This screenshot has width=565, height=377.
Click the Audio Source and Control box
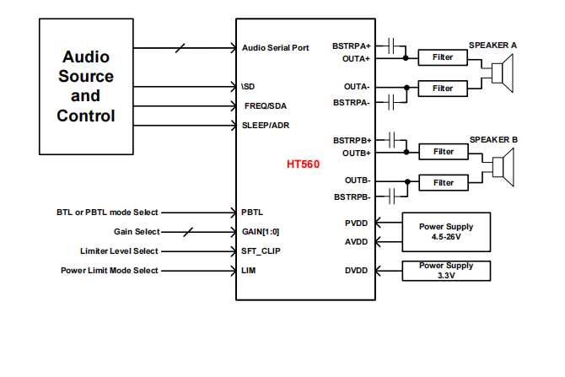(86, 86)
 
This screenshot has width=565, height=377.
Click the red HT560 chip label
(304, 164)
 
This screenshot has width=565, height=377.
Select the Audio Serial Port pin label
(275, 48)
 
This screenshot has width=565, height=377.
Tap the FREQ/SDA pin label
(266, 106)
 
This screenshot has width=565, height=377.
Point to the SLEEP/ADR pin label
(266, 126)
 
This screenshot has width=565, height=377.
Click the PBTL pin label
(252, 213)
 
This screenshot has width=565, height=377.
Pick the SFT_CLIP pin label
(260, 250)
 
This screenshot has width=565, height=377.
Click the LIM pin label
(249, 270)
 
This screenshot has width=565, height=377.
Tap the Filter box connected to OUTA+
(443, 57)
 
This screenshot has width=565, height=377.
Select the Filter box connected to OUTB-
(443, 182)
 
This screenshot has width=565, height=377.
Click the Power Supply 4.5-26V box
(447, 231)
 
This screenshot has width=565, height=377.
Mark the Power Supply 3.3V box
(447, 271)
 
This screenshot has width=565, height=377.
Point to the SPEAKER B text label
(493, 139)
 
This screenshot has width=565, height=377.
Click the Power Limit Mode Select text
(110, 270)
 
